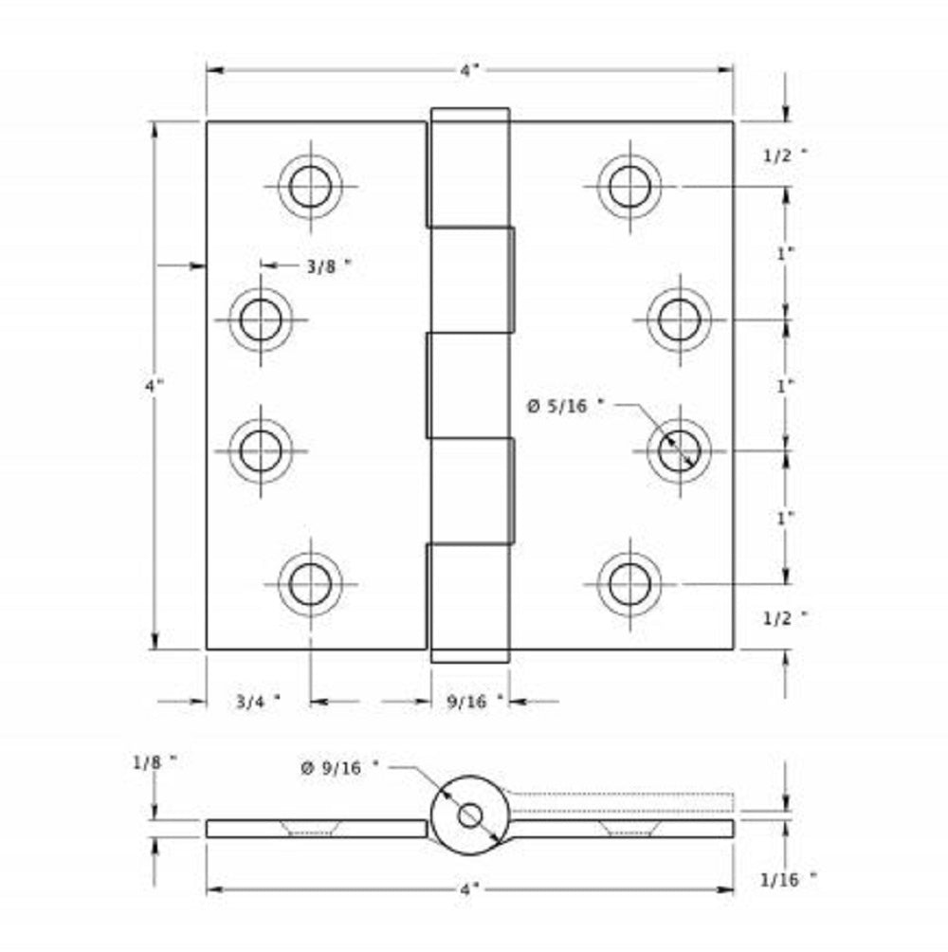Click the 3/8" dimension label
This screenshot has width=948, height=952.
pyautogui.click(x=328, y=266)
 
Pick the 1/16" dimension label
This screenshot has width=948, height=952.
pyautogui.click(x=788, y=880)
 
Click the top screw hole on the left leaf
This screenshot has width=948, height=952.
pyautogui.click(x=310, y=186)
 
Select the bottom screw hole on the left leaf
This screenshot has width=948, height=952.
pyautogui.click(x=310, y=583)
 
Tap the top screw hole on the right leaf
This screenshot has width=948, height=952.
pyautogui.click(x=629, y=186)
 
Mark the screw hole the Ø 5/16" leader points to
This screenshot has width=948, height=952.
pyautogui.click(x=679, y=450)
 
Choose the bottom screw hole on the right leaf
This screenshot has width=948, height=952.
pyautogui.click(x=629, y=583)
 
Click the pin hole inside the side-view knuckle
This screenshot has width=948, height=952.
pyautogui.click(x=469, y=815)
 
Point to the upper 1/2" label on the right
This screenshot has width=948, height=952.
pyautogui.click(x=786, y=157)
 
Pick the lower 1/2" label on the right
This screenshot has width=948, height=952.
pyautogui.click(x=786, y=617)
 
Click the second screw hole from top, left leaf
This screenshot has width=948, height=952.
pyautogui.click(x=261, y=319)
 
